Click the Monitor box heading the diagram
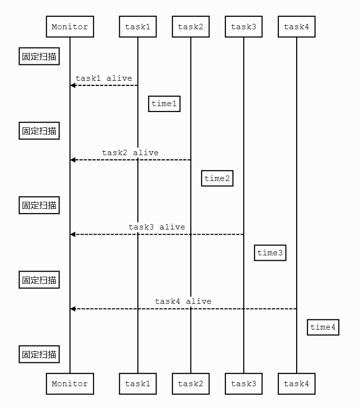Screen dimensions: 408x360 tap(70, 27)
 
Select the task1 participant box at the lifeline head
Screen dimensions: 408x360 tap(138, 27)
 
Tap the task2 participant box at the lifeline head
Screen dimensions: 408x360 tap(191, 27)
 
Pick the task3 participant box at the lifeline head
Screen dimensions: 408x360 tap(244, 27)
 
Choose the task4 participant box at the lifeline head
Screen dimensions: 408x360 tap(297, 27)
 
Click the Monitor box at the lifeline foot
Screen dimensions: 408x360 tap(70, 384)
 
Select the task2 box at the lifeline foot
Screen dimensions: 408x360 tap(191, 384)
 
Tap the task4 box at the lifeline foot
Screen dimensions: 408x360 tap(297, 384)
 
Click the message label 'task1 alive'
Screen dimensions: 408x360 tap(104, 78)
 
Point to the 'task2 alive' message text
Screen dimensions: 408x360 tap(130, 153)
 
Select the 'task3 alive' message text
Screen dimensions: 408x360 tap(156, 227)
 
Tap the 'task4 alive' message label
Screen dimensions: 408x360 tap(183, 301)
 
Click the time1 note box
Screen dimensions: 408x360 tap(164, 104)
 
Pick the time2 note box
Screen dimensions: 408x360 tap(217, 178)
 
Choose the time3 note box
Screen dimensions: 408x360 tap(270, 253)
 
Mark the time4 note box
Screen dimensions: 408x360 tap(323, 327)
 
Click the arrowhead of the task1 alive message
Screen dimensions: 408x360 tap(73, 86)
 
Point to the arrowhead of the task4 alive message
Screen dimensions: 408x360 tap(73, 309)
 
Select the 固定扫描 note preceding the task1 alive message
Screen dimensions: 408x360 tap(39, 57)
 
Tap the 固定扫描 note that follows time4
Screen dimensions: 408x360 tap(39, 354)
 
